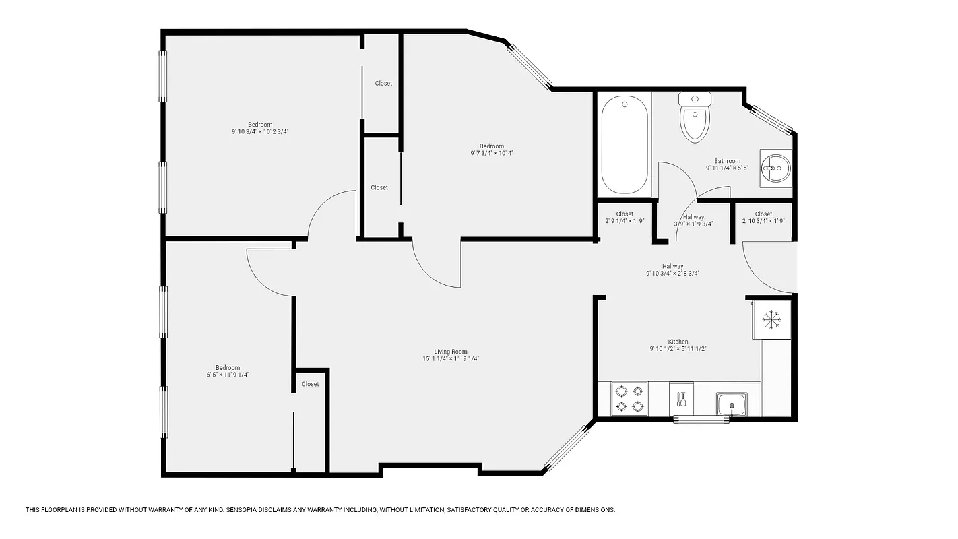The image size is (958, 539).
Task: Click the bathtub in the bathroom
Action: [624, 145]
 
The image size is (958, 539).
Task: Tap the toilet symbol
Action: [695, 117]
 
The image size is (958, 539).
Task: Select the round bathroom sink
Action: [776, 167]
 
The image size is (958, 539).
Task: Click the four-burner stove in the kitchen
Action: [629, 399]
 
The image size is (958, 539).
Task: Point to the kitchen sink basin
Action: [730, 405]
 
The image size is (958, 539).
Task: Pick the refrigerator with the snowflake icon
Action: [771, 318]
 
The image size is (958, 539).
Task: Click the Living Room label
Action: [450, 352]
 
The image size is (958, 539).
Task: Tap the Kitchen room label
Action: [678, 342]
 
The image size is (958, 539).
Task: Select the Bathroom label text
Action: [727, 161]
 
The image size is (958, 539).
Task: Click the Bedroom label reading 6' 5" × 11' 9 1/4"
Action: [228, 368]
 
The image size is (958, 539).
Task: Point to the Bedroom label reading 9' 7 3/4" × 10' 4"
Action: [491, 146]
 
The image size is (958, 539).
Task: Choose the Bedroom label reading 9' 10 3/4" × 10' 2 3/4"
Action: [260, 125]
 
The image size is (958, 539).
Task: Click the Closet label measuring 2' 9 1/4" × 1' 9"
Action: [624, 214]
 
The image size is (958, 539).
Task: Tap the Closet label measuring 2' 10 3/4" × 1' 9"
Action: [763, 214]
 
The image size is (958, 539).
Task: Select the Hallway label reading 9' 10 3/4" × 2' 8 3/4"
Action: [672, 267]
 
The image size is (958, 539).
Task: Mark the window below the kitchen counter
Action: [701, 420]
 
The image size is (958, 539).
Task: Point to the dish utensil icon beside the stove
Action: [681, 399]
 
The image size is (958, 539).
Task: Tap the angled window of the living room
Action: [567, 447]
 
